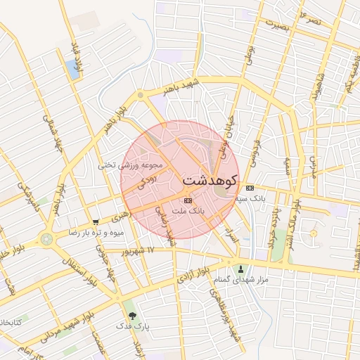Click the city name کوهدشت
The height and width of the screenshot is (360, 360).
point(210,181)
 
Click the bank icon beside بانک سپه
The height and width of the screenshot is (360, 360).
point(250,188)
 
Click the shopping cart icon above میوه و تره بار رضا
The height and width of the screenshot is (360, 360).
point(96,222)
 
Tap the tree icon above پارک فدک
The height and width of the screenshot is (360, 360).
point(131,316)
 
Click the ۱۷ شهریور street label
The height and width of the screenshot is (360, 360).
point(136,250)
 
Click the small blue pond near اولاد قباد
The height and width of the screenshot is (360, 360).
point(72,68)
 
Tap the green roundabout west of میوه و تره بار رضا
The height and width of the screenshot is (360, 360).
point(46,239)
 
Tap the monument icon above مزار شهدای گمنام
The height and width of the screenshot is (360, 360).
point(242,269)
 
